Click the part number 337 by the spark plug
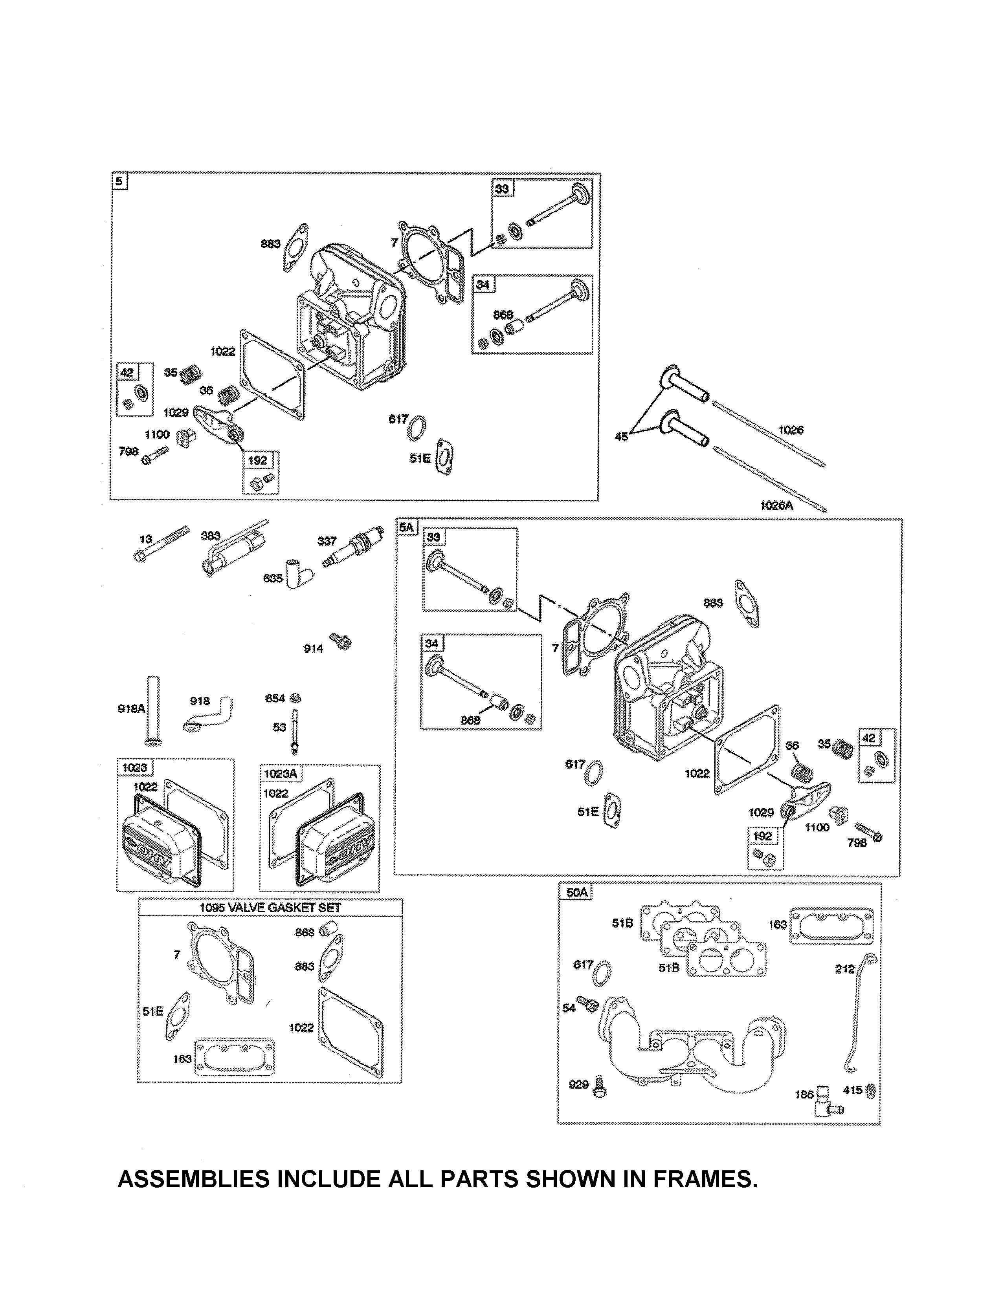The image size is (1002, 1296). click(x=327, y=541)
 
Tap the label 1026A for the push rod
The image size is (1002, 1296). click(x=776, y=505)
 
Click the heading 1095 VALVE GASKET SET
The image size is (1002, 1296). click(x=270, y=907)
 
